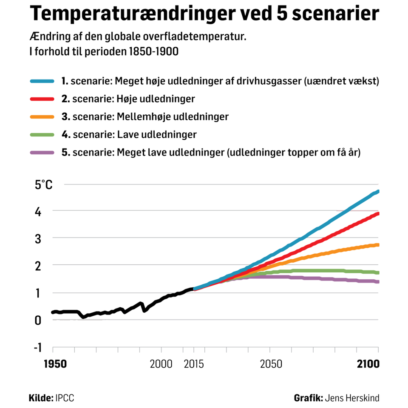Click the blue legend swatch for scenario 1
click(x=42, y=81)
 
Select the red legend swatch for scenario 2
click(x=42, y=99)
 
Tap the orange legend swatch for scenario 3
click(x=42, y=117)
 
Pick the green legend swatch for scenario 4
click(x=42, y=135)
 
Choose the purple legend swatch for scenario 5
click(x=42, y=153)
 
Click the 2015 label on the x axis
click(x=194, y=364)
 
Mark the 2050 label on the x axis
click(x=271, y=364)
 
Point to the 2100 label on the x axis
click(x=367, y=364)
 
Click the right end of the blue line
click(x=378, y=192)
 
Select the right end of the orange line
click(x=378, y=245)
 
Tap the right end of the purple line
click(x=378, y=282)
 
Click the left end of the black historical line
click(x=53, y=312)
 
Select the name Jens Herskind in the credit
click(x=352, y=398)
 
